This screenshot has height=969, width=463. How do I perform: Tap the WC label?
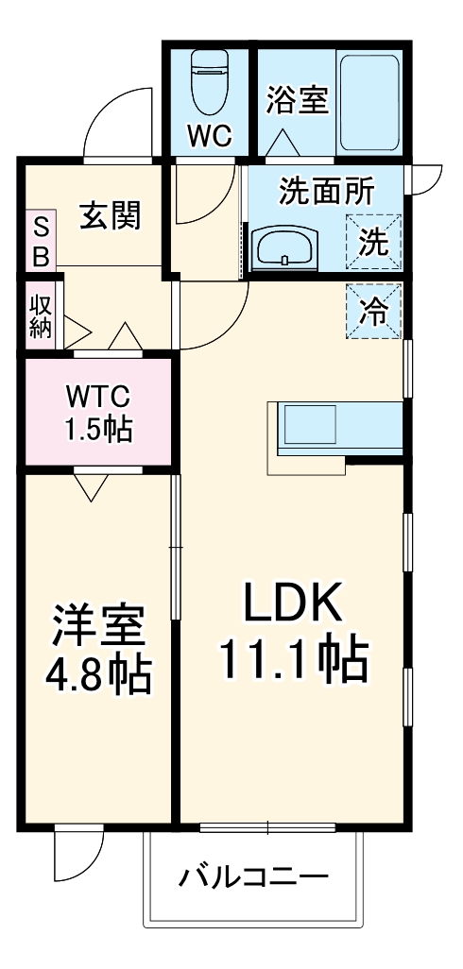pyautogui.click(x=209, y=135)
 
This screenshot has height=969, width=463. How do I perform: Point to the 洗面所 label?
pyautogui.click(x=325, y=192)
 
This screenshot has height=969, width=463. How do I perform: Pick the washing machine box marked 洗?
pyautogui.click(x=374, y=243)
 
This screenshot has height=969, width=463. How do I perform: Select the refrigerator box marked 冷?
pyautogui.click(x=374, y=312)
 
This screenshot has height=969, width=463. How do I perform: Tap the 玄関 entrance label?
pyautogui.click(x=110, y=214)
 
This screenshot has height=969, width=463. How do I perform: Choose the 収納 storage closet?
pyautogui.click(x=40, y=315)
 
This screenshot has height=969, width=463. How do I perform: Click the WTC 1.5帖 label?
pyautogui.click(x=98, y=412)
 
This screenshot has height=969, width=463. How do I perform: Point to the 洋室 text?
pyautogui.click(x=98, y=622)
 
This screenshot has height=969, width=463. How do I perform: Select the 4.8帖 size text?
pyautogui.click(x=98, y=672)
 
